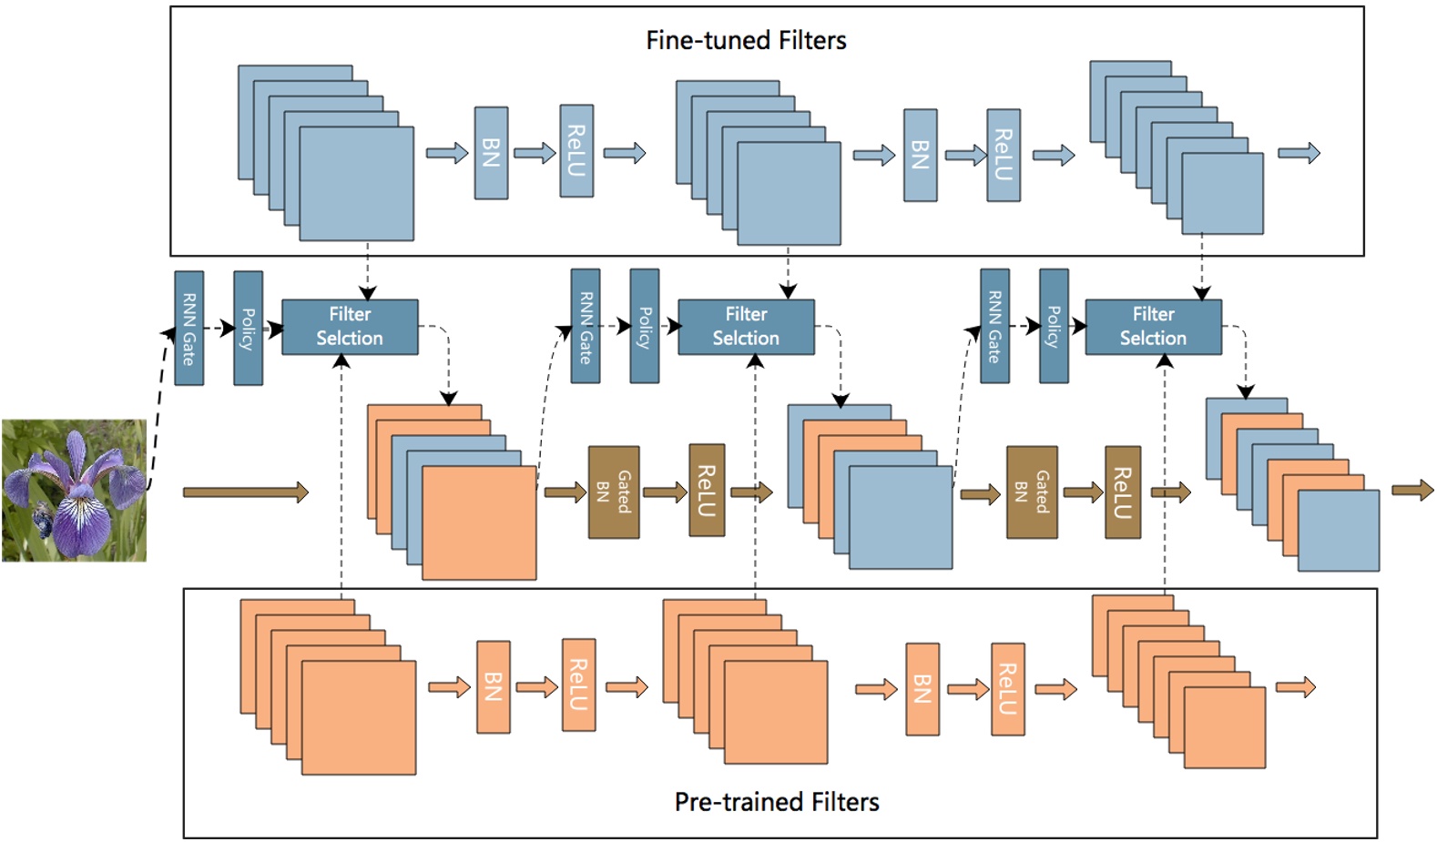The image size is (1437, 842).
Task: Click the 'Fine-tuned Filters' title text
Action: tap(746, 40)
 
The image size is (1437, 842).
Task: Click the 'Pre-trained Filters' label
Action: tap(777, 802)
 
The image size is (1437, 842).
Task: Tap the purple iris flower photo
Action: tap(75, 491)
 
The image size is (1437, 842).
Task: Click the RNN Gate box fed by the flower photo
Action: tap(189, 329)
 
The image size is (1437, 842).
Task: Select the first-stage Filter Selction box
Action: tap(351, 327)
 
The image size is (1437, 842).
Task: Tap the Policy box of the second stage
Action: tap(645, 327)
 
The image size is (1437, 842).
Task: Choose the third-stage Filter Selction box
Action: tap(1154, 327)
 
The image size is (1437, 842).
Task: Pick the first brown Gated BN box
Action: tap(614, 492)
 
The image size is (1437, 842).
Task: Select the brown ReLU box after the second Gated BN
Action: tap(1123, 492)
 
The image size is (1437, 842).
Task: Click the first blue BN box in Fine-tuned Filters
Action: tap(492, 153)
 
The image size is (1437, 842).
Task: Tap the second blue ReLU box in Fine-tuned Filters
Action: tap(1004, 155)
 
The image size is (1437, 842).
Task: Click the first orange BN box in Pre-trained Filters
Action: tap(494, 687)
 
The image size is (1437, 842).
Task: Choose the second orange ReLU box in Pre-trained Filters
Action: tap(1008, 689)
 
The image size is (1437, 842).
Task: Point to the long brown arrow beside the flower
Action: tap(246, 492)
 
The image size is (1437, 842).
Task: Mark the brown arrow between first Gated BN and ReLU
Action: tap(665, 492)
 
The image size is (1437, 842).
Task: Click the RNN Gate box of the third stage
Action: tap(995, 327)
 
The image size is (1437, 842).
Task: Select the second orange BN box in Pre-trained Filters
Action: tap(922, 689)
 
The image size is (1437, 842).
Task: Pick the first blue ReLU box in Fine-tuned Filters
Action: tap(576, 151)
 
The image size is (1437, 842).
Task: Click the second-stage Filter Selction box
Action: tap(747, 327)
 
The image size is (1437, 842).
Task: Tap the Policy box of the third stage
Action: tap(1054, 327)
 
